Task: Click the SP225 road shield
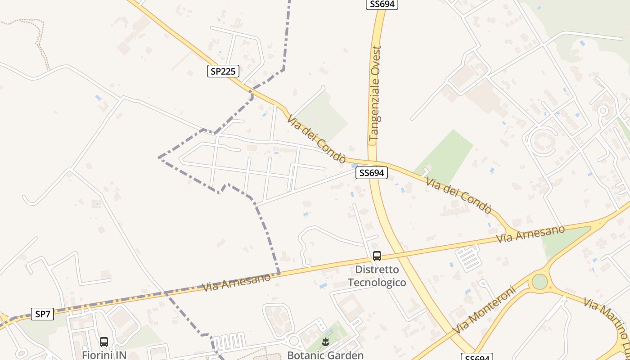pyautogui.click(x=223, y=71)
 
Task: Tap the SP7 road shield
pyautogui.click(x=43, y=314)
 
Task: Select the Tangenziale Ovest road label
pyautogui.click(x=375, y=94)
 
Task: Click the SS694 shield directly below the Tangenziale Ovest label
pyautogui.click(x=371, y=173)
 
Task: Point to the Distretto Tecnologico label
pyautogui.click(x=377, y=276)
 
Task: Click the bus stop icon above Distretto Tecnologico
pyautogui.click(x=377, y=256)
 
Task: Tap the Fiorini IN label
pyautogui.click(x=104, y=355)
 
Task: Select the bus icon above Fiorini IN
pyautogui.click(x=104, y=342)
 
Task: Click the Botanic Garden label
pyautogui.click(x=325, y=355)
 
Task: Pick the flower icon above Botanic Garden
pyautogui.click(x=325, y=342)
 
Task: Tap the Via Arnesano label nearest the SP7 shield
pyautogui.click(x=237, y=282)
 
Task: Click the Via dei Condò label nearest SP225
pyautogui.click(x=316, y=139)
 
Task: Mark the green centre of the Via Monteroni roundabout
pyautogui.click(x=539, y=282)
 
